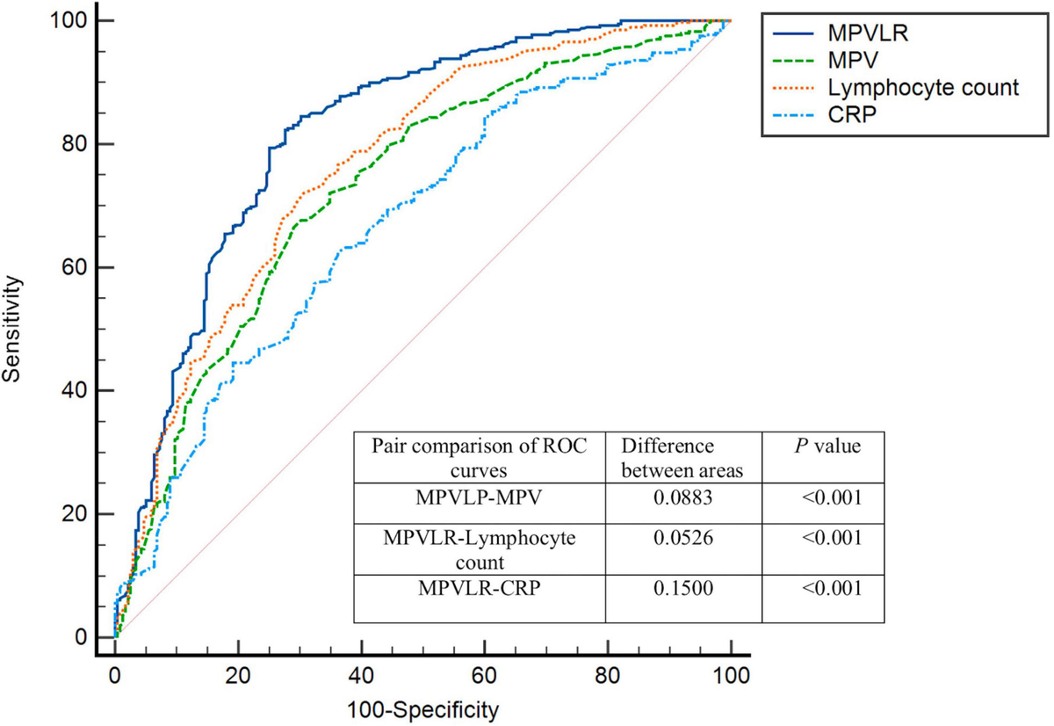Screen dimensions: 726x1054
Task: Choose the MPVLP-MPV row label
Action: click(480, 498)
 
